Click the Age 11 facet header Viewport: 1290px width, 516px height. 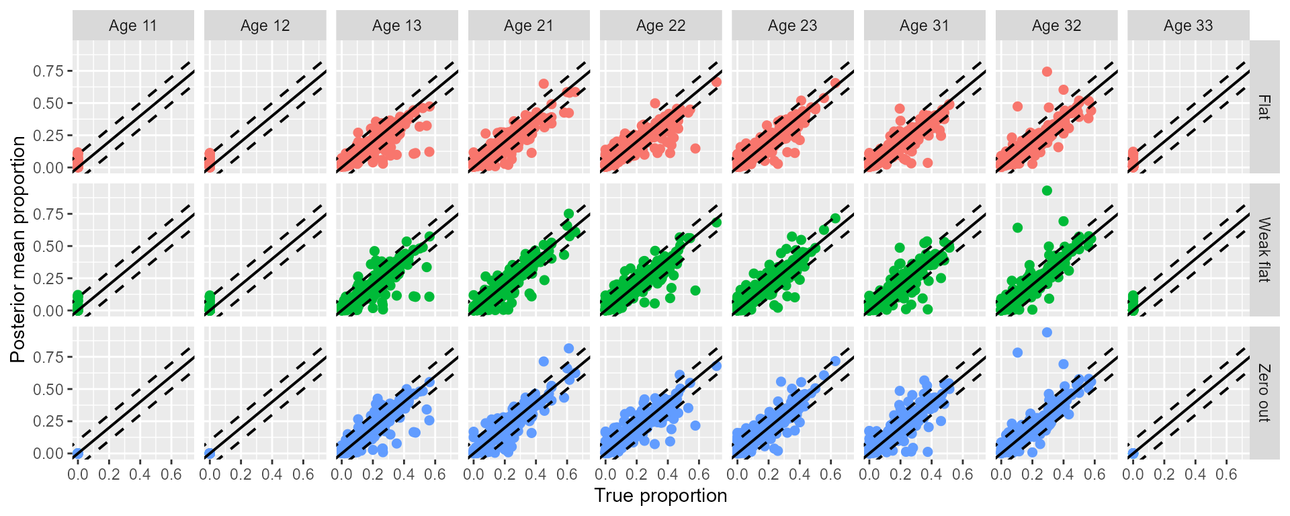click(x=133, y=26)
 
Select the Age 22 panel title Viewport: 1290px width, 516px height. click(x=660, y=26)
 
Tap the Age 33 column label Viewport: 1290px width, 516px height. click(x=1188, y=26)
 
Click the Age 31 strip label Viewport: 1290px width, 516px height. click(x=924, y=26)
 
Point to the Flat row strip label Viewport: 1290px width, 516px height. click(x=1264, y=107)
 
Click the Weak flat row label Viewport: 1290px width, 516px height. click(x=1264, y=250)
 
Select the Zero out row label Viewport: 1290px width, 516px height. click(x=1264, y=393)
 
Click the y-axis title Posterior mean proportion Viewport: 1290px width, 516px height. click(x=18, y=249)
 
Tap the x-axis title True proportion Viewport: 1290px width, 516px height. click(x=660, y=496)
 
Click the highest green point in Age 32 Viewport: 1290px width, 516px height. click(x=1046, y=191)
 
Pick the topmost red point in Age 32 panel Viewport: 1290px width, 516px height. click(x=1046, y=72)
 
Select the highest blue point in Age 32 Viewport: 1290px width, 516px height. click(x=1046, y=333)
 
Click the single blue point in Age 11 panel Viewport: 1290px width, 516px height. click(x=77, y=454)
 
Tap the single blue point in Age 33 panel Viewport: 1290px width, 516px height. click(x=1133, y=454)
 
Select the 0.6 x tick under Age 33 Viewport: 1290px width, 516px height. click(x=1226, y=474)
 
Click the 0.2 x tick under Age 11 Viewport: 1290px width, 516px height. click(x=109, y=474)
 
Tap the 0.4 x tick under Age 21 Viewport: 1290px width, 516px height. click(x=535, y=474)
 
